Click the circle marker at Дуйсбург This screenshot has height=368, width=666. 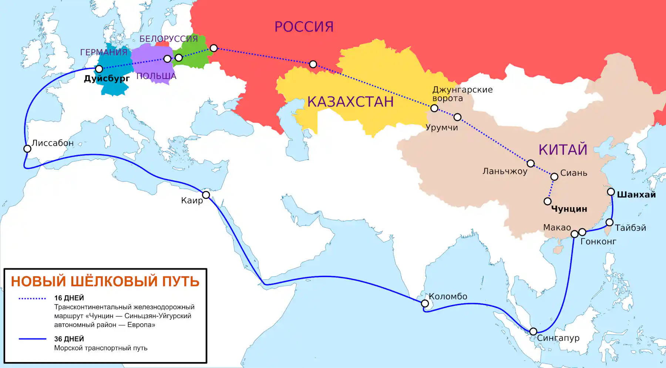click(99, 69)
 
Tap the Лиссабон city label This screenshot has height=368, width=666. click(53, 143)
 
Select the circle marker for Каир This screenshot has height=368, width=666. click(206, 195)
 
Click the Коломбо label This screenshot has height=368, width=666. click(448, 296)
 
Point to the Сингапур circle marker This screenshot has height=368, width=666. click(533, 331)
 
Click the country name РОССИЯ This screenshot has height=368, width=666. click(304, 27)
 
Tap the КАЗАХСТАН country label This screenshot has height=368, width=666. click(350, 102)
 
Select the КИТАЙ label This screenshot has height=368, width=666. click(563, 150)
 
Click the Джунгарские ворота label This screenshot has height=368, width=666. click(462, 94)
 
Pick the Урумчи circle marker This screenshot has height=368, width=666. click(458, 117)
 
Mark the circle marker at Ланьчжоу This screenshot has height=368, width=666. click(531, 163)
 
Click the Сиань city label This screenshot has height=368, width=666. click(573, 173)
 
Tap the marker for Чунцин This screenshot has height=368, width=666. click(548, 201)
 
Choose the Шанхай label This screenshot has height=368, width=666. click(636, 195)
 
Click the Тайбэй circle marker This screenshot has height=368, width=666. click(609, 222)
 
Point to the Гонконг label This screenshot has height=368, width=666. click(598, 242)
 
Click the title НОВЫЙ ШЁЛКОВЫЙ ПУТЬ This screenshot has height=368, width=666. click(105, 282)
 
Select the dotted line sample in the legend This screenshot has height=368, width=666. click(32, 298)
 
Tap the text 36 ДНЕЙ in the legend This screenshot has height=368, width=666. click(69, 339)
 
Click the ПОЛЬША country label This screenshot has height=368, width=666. click(156, 76)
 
